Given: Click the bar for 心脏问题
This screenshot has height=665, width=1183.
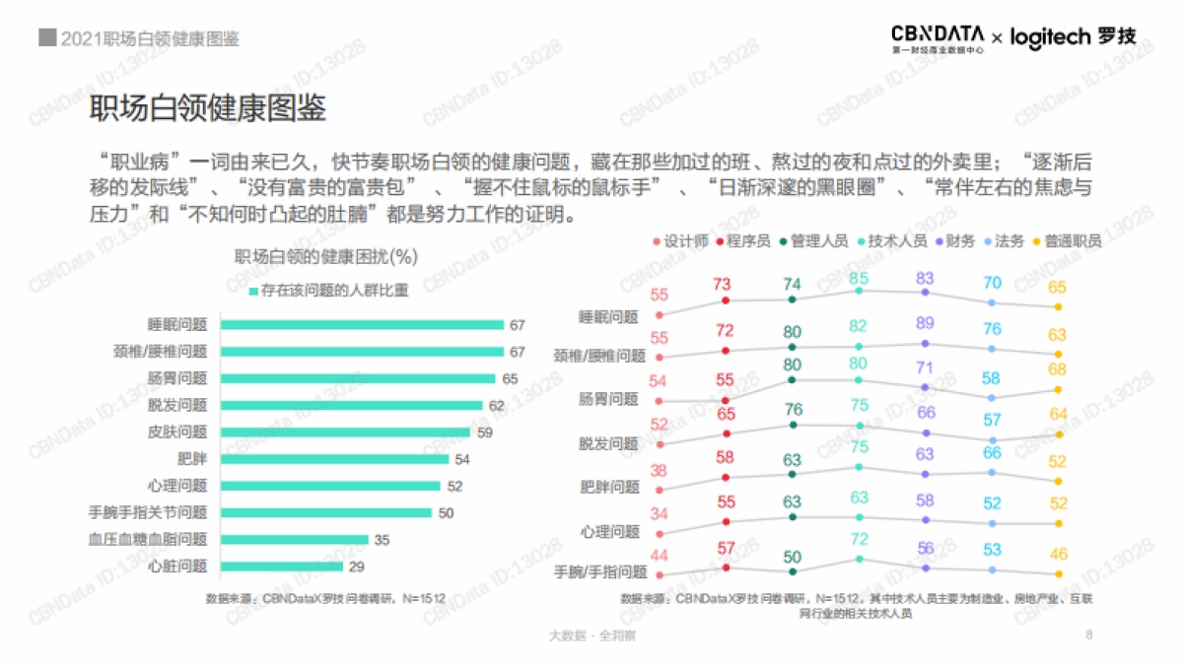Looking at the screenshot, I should coord(282,566).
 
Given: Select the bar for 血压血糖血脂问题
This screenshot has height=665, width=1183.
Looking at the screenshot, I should coord(294,540).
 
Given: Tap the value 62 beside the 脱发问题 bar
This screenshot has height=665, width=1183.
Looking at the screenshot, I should coord(497,405).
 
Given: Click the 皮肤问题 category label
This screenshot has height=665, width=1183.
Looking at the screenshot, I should coord(177,432).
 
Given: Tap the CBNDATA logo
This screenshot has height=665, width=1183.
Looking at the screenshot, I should coord(937,36).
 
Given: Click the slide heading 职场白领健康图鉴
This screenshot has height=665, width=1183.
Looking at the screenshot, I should coord(208,108).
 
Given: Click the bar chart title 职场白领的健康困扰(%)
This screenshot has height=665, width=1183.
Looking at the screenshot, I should coord(326,258).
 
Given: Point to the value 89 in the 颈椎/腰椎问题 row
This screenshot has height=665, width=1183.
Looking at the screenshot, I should coord(925,323).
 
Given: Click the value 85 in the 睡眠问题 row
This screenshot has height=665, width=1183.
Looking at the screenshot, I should coord(859,278).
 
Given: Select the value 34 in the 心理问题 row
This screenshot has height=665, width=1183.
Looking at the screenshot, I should coord(659,513).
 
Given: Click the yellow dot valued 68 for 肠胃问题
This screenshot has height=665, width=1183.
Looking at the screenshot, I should coord(1058,390).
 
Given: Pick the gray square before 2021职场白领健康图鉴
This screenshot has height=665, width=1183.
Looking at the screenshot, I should coord(46,38).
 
